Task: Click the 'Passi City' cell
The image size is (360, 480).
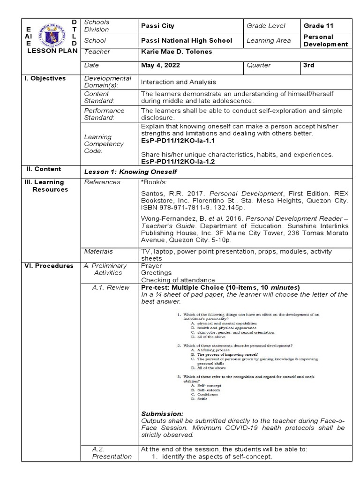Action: (x=157, y=26)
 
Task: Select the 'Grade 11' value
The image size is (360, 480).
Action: (x=320, y=26)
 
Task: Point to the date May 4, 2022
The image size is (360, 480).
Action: (x=159, y=66)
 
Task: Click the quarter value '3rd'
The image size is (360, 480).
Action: (x=309, y=66)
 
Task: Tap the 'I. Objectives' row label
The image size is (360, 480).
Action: (x=45, y=78)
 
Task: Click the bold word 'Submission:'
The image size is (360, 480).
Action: (x=162, y=414)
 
